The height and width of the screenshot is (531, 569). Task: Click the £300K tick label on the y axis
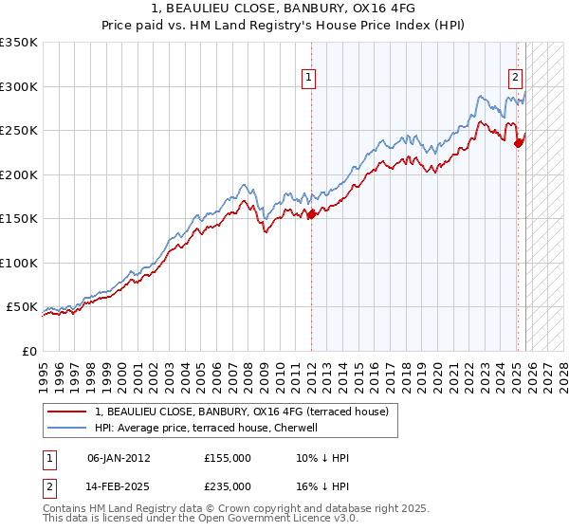19,86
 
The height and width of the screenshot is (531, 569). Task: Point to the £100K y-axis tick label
19,263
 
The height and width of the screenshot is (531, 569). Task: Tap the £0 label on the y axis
28,351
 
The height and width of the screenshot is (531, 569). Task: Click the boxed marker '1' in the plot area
309,79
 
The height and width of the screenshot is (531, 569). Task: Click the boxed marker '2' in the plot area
515,79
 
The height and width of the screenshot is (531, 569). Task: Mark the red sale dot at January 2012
311,214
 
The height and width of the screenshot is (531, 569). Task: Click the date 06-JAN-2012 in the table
119,458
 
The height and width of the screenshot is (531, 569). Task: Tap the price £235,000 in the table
228,485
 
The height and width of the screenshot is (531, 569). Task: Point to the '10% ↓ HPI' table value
322,458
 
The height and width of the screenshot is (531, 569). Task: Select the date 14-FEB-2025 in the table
119,485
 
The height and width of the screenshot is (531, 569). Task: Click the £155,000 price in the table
228,458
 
